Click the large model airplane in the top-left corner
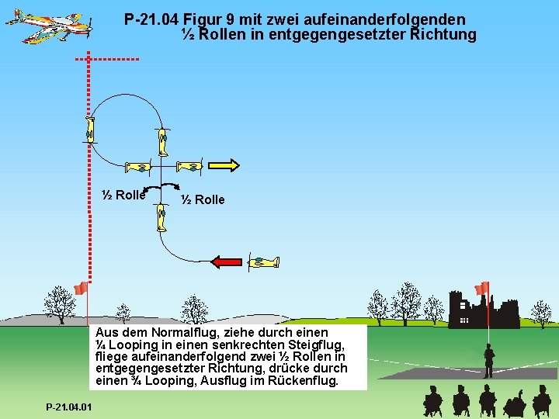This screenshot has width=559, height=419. click(48, 26)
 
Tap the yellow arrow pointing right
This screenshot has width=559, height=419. click(225, 164)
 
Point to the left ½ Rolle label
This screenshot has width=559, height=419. click(124, 196)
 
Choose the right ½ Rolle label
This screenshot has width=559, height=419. click(203, 200)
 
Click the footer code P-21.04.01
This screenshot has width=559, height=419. click(68, 407)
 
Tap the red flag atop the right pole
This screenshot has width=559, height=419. click(482, 288)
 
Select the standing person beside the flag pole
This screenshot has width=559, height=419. click(488, 361)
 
